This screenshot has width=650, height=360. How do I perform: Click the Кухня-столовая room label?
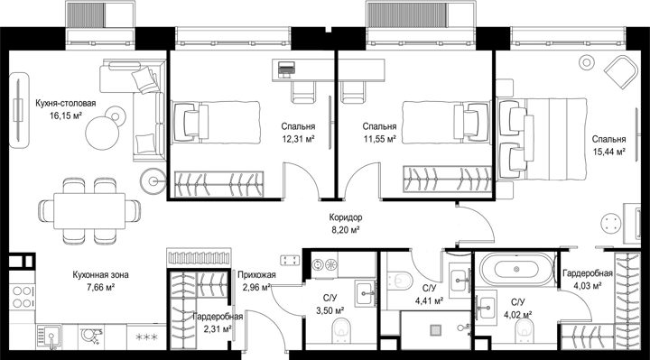pos(66,103)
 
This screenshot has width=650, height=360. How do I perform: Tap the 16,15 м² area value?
pos(66,115)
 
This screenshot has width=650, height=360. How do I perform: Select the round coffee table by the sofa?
pos(102,133)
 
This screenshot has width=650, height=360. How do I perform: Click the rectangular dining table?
pos(89,211)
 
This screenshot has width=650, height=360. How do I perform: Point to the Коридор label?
pos(345,217)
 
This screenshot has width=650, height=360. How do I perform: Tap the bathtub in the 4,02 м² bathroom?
pos(516,269)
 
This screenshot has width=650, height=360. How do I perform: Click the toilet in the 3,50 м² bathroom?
pos(341,330)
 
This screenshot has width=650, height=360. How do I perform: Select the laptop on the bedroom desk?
pos(286,69)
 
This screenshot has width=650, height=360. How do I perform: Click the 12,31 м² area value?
pos(298,139)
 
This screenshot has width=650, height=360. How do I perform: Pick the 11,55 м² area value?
pos(379,139)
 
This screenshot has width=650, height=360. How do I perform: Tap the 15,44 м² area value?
pos(608,152)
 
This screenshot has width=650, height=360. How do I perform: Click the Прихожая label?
pos(256,274)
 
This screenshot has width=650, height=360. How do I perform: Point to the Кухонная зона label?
pos(100,274)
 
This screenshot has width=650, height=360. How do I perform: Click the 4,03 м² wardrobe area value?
pos(588,286)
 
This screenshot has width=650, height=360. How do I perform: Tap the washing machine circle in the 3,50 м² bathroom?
pos(318,264)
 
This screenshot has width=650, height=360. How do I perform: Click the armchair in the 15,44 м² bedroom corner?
pos(621,72)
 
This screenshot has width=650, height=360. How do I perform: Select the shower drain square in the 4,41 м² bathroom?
pos(435,329)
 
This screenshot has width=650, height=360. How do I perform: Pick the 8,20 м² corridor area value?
pos(345,230)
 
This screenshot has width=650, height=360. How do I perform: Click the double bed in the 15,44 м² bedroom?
pos(543,139)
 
